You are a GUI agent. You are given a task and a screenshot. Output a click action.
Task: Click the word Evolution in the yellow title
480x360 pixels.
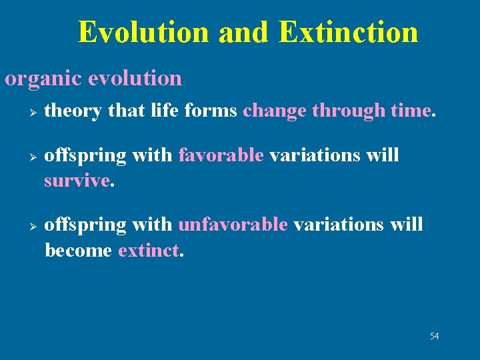(143, 32)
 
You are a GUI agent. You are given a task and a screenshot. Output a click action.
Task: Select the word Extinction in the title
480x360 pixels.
(349, 32)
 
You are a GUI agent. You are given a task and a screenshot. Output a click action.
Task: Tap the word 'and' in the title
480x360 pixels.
(243, 32)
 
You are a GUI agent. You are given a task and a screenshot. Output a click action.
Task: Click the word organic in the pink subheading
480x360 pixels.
(43, 79)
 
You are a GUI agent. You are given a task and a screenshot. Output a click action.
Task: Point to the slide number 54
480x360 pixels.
(435, 336)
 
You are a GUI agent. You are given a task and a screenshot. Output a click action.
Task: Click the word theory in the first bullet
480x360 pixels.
(73, 111)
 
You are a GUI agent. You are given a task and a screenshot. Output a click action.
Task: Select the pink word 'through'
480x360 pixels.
(349, 111)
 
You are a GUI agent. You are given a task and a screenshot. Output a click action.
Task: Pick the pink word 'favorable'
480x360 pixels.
(221, 155)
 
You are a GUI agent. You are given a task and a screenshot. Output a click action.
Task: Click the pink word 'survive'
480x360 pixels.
(77, 181)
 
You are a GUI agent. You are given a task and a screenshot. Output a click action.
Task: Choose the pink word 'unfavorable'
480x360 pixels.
(233, 225)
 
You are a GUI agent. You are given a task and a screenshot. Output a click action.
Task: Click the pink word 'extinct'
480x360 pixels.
(149, 251)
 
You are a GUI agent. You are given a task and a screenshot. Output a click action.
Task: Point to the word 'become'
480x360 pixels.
(79, 250)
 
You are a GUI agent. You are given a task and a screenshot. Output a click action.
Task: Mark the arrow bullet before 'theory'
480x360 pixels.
(33, 113)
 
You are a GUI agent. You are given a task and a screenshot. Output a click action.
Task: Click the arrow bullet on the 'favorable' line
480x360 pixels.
(33, 157)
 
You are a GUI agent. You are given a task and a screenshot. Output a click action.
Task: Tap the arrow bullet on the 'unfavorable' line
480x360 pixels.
(33, 227)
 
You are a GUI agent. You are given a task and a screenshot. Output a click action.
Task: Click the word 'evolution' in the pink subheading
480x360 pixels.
(135, 79)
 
